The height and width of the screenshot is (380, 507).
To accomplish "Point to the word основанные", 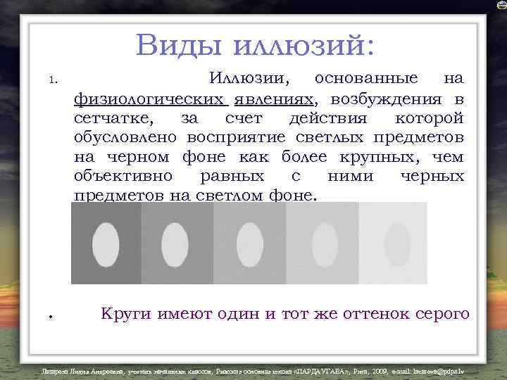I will tap(366, 78).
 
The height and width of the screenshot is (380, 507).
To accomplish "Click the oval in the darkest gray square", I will tap(106, 243).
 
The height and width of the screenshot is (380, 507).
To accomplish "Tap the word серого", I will tap(440, 314).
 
